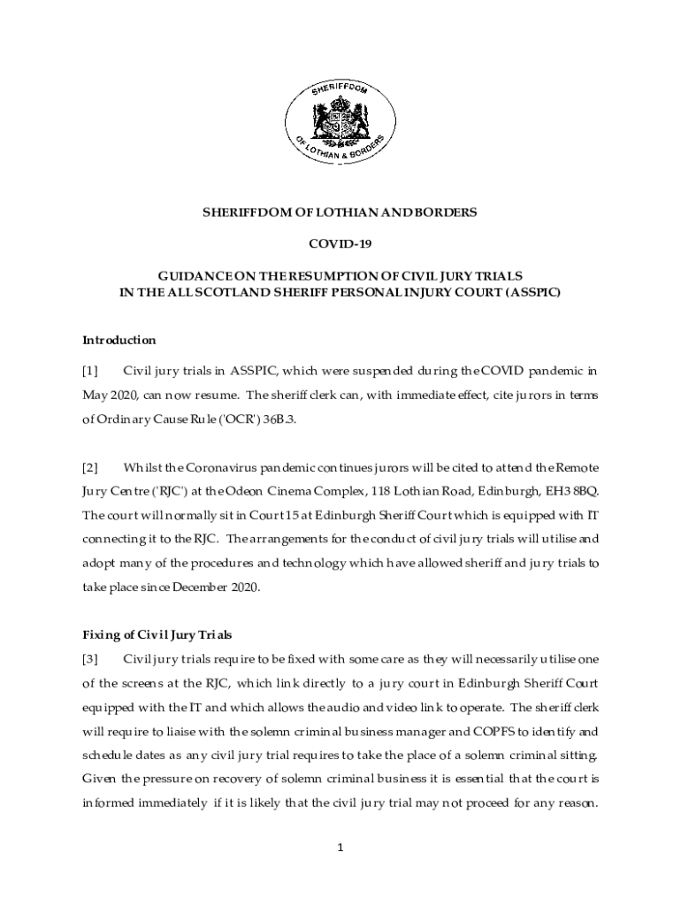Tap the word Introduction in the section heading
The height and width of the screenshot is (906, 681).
coord(119,340)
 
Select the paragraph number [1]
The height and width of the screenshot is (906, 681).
coord(90,370)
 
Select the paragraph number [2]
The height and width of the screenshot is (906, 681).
coord(90,466)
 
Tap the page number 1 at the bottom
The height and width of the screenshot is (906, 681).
coord(340,848)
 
